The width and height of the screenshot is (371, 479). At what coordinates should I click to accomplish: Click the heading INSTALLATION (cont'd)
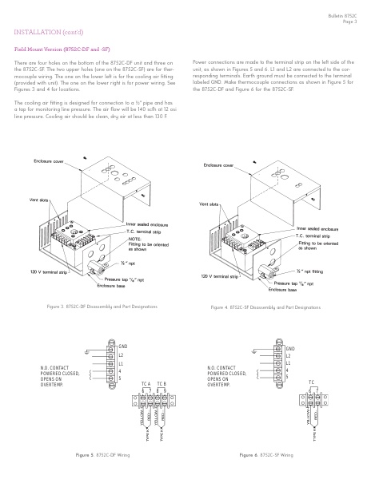[x=45, y=32]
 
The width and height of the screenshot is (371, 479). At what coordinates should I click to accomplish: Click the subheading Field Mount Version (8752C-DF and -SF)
[x=59, y=49]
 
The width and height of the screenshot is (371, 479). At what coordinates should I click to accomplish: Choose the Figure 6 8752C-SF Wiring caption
[x=266, y=454]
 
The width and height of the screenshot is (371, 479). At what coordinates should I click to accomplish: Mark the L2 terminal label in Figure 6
[x=289, y=355]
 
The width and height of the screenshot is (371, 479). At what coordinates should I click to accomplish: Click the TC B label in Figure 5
[x=161, y=384]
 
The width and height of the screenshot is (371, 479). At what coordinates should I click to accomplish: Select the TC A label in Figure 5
[x=145, y=384]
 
